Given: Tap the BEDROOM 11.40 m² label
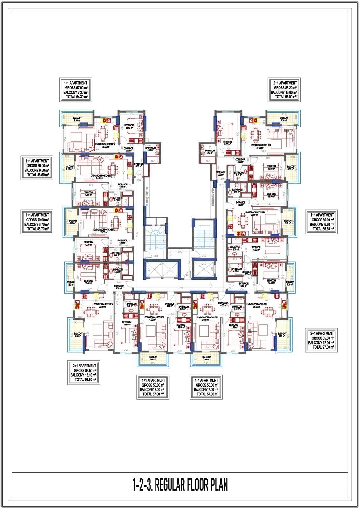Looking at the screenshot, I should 130,127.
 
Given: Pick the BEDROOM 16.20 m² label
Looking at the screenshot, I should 256,249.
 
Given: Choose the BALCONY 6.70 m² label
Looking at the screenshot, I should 73,222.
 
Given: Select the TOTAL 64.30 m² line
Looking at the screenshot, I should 76,97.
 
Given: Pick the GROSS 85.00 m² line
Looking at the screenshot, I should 321,338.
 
